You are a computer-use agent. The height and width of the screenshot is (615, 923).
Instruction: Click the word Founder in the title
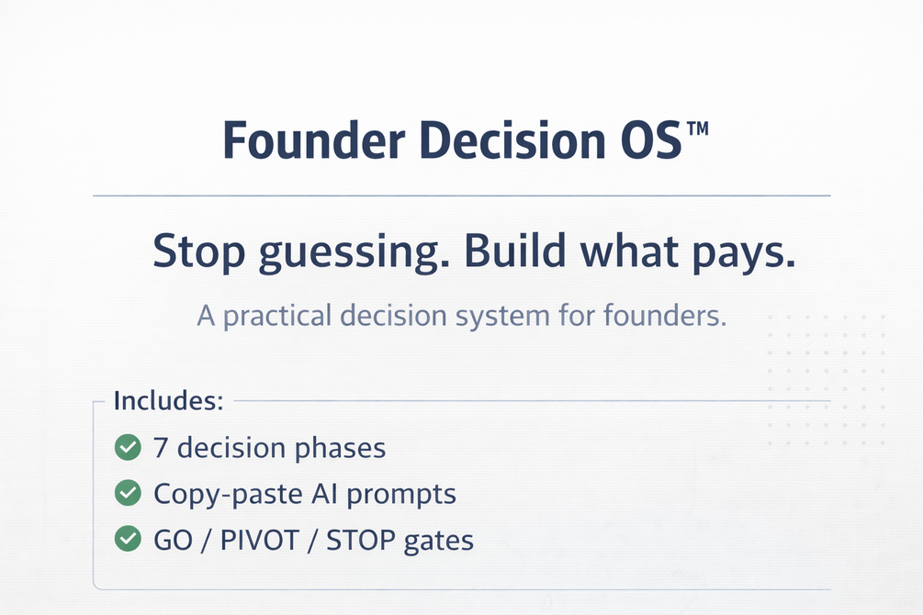314,140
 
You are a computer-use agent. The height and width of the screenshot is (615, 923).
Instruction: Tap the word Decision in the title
512,140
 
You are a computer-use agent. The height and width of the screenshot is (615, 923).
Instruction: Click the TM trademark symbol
698,129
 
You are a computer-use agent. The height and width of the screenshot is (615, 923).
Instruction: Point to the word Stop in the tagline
198,252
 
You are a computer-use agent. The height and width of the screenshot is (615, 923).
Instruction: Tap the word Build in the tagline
515,250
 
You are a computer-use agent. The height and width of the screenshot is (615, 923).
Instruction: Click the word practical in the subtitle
277,316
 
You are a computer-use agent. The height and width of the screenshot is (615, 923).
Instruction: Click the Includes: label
168,401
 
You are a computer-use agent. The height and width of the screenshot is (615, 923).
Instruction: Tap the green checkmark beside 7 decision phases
128,447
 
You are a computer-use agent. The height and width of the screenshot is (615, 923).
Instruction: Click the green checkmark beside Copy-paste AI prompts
128,493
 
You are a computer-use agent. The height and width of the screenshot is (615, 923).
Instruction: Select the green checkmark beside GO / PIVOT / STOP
128,539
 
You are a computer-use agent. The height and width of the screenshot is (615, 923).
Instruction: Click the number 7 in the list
161,448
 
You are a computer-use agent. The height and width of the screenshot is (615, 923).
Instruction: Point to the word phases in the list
340,449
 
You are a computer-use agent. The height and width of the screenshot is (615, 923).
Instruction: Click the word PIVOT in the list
260,541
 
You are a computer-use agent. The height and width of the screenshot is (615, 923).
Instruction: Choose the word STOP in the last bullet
361,541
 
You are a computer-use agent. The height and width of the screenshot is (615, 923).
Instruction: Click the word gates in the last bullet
439,542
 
